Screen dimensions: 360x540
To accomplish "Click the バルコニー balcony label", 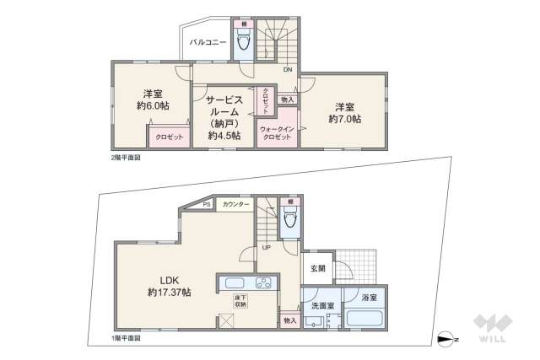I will tap(207, 40).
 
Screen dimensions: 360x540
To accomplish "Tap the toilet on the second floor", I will tap(243, 44).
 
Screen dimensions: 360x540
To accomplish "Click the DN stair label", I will tap(288, 70).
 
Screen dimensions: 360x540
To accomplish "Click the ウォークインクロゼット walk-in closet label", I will tap(276, 132).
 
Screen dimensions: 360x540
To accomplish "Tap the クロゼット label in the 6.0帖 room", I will tap(168, 137).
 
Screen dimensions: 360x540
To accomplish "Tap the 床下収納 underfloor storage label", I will tap(240, 300).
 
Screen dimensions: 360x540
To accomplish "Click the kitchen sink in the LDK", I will tap(234, 282).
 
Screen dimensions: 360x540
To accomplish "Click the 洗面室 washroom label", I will tap(321, 305).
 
